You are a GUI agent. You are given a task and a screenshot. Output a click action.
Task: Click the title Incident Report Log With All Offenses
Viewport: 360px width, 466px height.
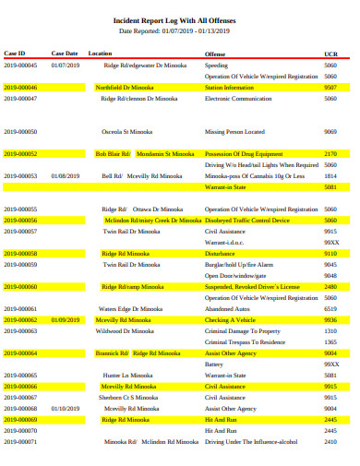[181, 18]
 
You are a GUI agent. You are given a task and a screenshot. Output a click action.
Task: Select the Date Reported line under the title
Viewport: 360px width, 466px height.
[181, 30]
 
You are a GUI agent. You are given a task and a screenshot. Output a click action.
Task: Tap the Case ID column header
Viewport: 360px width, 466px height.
[15, 54]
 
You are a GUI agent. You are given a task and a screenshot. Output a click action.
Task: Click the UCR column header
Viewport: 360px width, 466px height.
[330, 54]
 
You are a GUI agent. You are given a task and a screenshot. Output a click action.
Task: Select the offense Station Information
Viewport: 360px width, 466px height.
[230, 87]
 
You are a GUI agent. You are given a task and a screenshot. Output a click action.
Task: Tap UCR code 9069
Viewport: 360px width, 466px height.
[330, 132]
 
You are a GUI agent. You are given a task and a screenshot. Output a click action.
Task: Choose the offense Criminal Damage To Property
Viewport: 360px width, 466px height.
[242, 330]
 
